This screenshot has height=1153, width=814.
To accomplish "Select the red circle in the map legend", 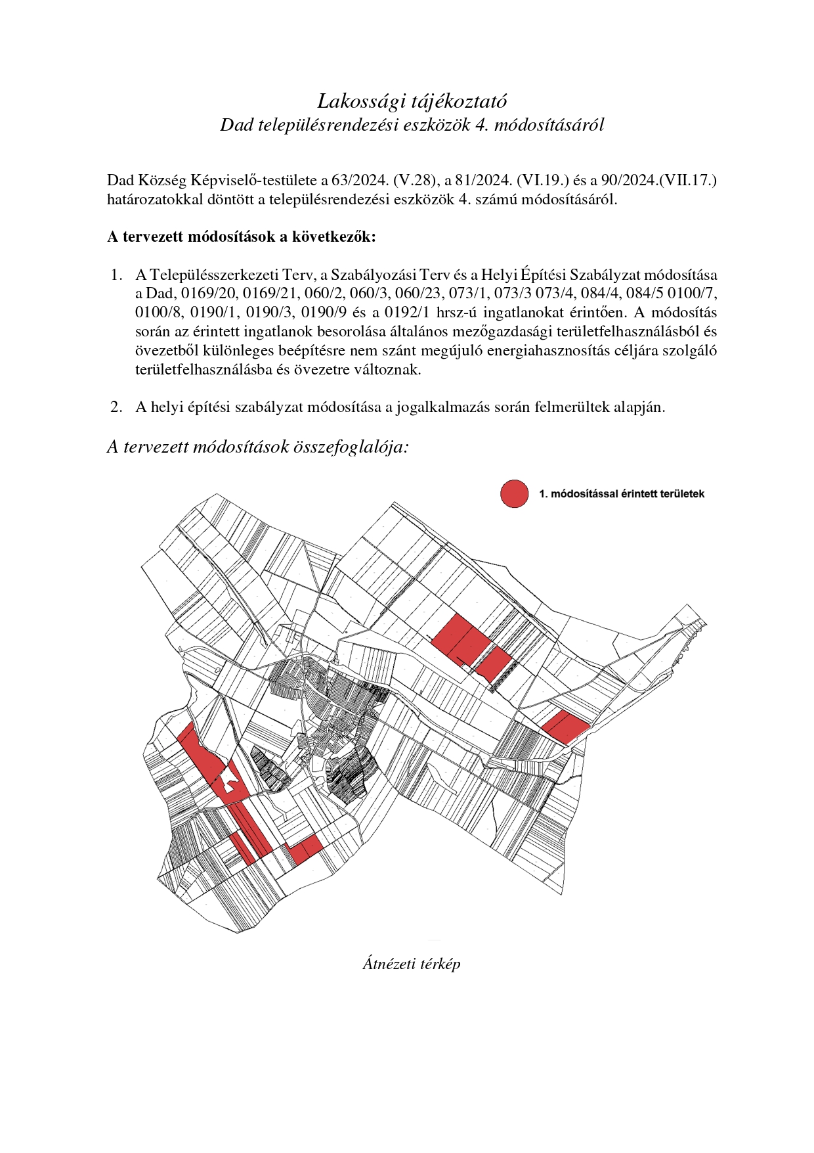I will pyautogui.click(x=514, y=493).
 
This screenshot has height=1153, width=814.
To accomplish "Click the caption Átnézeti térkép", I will pyautogui.click(x=411, y=964).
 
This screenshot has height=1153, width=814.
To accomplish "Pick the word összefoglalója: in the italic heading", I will pyautogui.click(x=353, y=447).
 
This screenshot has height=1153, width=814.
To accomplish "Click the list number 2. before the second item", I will pyautogui.click(x=117, y=407).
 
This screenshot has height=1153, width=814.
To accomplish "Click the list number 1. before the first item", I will pyautogui.click(x=117, y=274).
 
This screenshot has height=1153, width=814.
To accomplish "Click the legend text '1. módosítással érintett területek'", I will pyautogui.click(x=621, y=493).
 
